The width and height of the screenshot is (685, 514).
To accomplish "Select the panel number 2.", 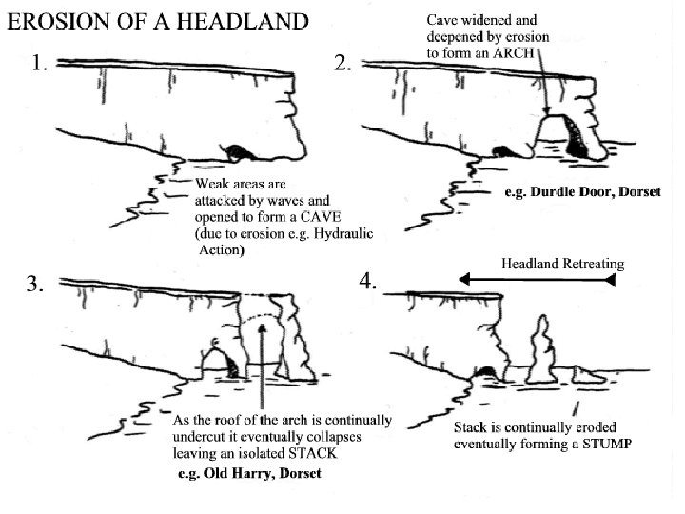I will pos(345,65).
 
